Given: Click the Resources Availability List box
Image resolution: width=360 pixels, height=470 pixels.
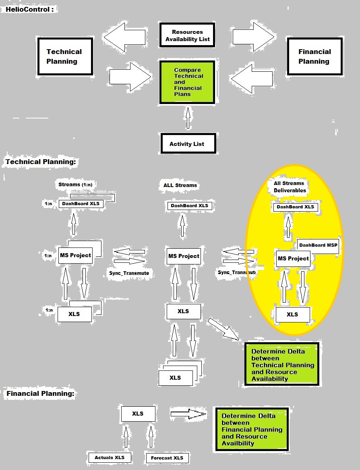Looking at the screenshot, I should pos(187,35).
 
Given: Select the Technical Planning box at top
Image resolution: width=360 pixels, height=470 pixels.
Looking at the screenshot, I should pos(64,56).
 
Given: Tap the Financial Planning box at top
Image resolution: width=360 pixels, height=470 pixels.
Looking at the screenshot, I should pos(314,56).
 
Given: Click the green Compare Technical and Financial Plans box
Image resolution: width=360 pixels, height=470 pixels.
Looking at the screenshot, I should pos(187,82).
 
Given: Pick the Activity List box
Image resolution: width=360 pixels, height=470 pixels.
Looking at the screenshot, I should pos(187,143).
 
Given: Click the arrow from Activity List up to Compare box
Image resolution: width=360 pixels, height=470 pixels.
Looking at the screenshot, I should pos(187,117).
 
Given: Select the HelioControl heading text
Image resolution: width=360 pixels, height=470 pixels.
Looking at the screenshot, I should pos(29,9).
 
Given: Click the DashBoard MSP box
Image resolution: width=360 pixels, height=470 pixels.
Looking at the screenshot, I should pos(318,245).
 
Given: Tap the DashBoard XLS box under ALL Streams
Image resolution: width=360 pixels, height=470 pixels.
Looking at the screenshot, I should pos(189,206).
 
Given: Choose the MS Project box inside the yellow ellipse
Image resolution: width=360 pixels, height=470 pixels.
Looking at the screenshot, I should pos(293,259).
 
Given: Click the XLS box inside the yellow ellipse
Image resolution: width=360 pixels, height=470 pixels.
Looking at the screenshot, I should pos(292,314).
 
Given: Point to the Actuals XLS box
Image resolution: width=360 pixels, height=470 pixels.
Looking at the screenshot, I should pos(110,458).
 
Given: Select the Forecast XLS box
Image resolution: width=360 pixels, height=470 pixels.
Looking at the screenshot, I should pos(167,458).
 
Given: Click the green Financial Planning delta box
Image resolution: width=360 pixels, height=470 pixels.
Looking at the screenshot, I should pos(252,429).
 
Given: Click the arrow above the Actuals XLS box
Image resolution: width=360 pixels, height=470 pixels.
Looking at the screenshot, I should pos(125,437).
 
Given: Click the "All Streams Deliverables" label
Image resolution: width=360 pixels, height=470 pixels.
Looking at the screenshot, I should pos(290,187).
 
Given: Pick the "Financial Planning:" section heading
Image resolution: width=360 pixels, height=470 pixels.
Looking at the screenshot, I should pos(40,393).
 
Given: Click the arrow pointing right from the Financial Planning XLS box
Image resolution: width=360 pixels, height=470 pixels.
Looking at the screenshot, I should pos(188,414).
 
